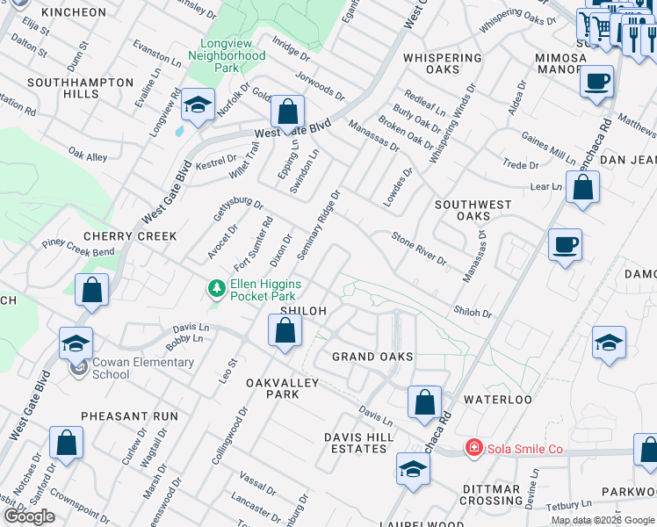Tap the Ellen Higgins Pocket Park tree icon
click(x=215, y=288)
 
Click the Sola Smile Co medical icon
click(x=474, y=449)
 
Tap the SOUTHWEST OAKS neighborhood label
click(x=473, y=210)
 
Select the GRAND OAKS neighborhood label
click(x=372, y=357)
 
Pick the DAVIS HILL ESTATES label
click(x=355, y=443)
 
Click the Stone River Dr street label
click(x=419, y=249)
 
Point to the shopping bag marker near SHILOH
click(x=285, y=331)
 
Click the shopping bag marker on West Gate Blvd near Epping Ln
click(x=287, y=112)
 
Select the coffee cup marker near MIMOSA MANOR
click(x=596, y=83)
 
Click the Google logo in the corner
click(x=29, y=516)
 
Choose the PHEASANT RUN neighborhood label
click(x=129, y=416)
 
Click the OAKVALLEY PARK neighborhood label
click(x=272, y=388)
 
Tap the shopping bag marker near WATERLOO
click(x=424, y=402)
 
